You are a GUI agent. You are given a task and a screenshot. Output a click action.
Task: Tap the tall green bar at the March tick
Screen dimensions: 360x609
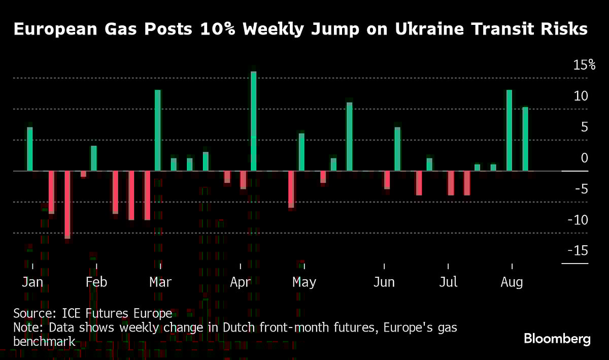pyautogui.click(x=158, y=130)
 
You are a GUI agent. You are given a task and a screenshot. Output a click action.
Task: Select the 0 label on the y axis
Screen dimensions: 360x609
pyautogui.click(x=585, y=158)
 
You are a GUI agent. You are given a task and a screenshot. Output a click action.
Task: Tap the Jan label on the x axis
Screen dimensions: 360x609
pyautogui.click(x=32, y=282)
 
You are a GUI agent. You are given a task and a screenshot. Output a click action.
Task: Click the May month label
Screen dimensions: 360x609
pyautogui.click(x=304, y=282)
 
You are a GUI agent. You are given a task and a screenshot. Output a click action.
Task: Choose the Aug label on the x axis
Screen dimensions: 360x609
pyautogui.click(x=512, y=282)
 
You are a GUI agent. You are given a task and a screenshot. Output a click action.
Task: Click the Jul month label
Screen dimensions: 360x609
pyautogui.click(x=448, y=282)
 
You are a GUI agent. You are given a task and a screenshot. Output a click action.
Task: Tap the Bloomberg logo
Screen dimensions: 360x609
pyautogui.click(x=557, y=339)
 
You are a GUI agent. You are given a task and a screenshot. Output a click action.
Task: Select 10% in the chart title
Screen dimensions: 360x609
pyautogui.click(x=215, y=29)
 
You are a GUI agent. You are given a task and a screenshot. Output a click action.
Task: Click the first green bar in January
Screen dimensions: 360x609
pyautogui.click(x=30, y=149)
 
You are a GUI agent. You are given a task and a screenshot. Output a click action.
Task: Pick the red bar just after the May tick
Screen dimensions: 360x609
pyautogui.click(x=323, y=177)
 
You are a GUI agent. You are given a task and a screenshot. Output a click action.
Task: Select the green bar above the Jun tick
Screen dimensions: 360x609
pyautogui.click(x=397, y=149)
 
